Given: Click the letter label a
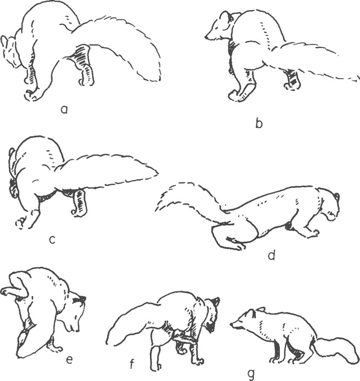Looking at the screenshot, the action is click(x=64, y=110).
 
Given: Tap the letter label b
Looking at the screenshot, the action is click(x=259, y=123).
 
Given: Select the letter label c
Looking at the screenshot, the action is click(x=52, y=240).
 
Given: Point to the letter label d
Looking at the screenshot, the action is click(x=272, y=255).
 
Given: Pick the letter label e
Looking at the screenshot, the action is click(x=69, y=360).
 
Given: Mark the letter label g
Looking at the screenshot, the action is click(x=251, y=373).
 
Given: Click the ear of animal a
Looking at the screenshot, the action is click(x=4, y=42).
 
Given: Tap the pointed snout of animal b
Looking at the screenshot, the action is click(x=207, y=37).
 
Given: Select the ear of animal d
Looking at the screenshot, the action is click(x=337, y=196).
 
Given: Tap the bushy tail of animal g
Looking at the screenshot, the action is click(x=335, y=350).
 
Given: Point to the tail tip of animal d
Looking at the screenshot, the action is click(x=157, y=209).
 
